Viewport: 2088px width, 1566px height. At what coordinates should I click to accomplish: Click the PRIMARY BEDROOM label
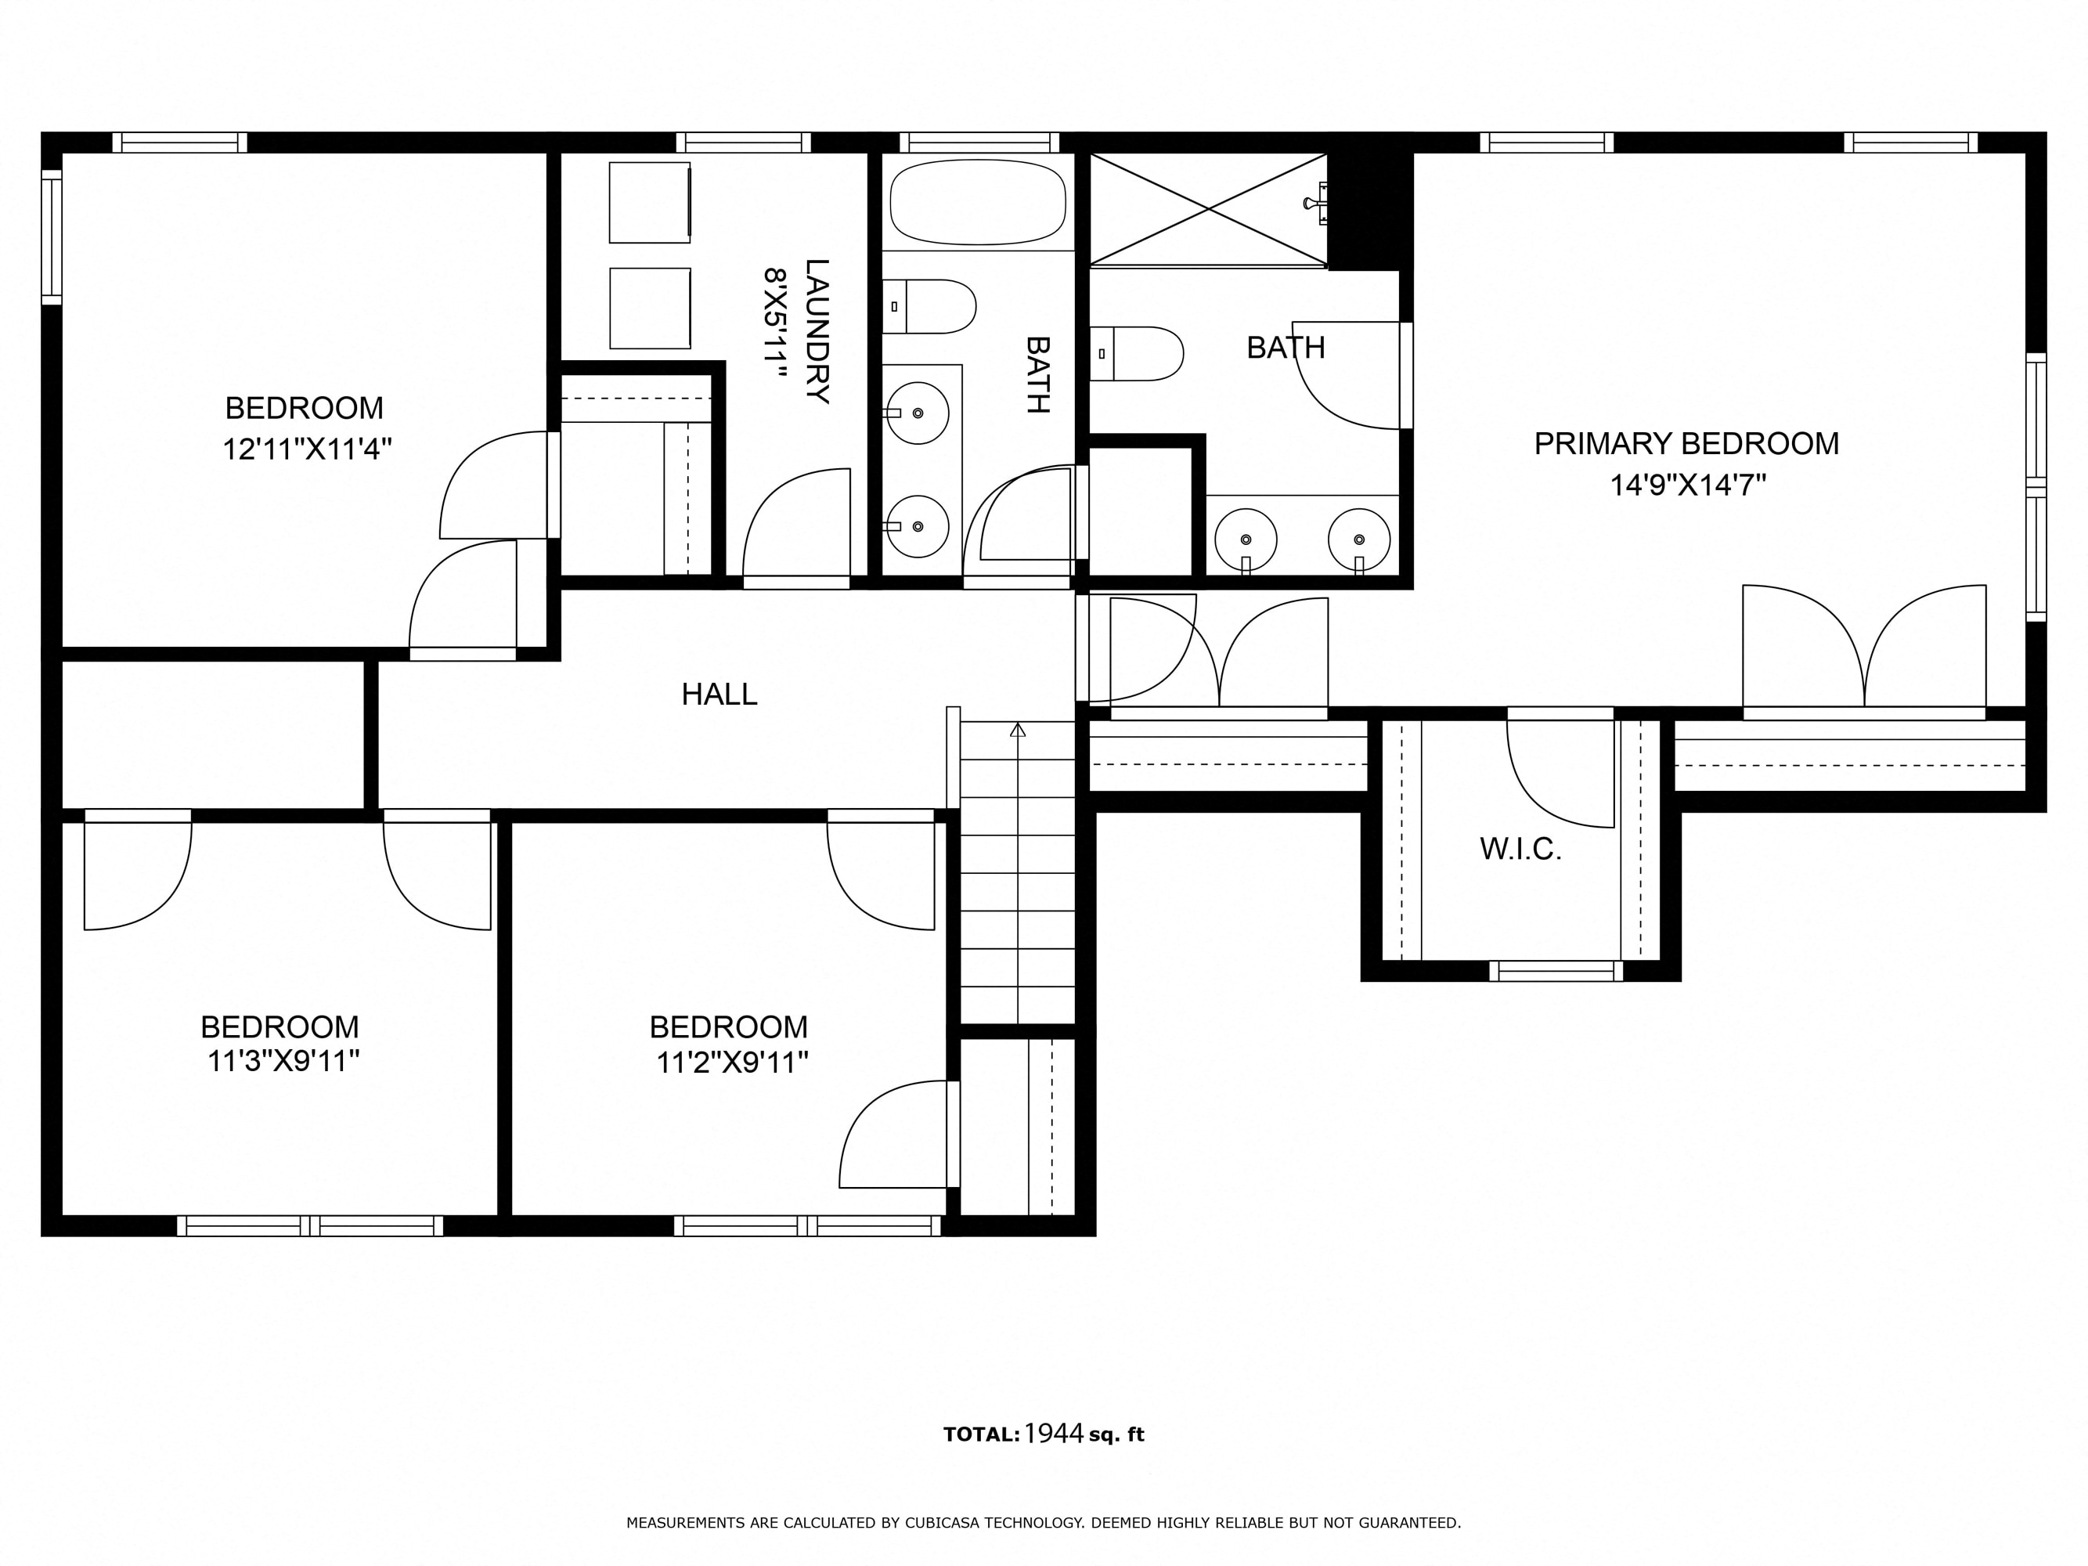click(x=1686, y=444)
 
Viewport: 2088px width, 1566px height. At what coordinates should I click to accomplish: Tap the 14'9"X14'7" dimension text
click(x=1688, y=485)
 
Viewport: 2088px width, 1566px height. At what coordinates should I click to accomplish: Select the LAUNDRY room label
click(x=817, y=331)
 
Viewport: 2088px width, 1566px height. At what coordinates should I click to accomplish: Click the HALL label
click(x=719, y=695)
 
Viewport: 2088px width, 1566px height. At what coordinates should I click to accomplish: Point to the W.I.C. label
click(x=1520, y=850)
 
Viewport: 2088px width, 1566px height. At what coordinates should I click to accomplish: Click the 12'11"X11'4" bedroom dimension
click(x=307, y=449)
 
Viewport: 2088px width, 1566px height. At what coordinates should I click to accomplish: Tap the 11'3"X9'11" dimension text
click(x=283, y=1061)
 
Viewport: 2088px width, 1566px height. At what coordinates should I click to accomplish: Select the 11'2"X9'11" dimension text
click(x=733, y=1063)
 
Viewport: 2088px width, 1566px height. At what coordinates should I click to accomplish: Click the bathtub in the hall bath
click(x=978, y=202)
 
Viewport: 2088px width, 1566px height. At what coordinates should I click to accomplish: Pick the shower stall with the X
click(x=1208, y=210)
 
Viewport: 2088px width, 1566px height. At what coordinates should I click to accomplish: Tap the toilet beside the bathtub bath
click(x=929, y=306)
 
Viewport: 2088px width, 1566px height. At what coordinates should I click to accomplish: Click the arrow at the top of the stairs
click(x=1018, y=730)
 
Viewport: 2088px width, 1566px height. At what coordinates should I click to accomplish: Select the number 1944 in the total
click(x=1055, y=1434)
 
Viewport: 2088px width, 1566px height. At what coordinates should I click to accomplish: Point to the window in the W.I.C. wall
click(x=1556, y=970)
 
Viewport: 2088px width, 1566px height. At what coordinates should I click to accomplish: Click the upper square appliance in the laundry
click(x=650, y=202)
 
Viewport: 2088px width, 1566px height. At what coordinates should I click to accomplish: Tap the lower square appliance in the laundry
click(x=650, y=308)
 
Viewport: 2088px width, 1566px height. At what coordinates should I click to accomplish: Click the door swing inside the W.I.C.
click(x=1560, y=774)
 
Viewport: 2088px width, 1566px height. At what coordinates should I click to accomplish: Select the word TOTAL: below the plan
click(x=982, y=1434)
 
